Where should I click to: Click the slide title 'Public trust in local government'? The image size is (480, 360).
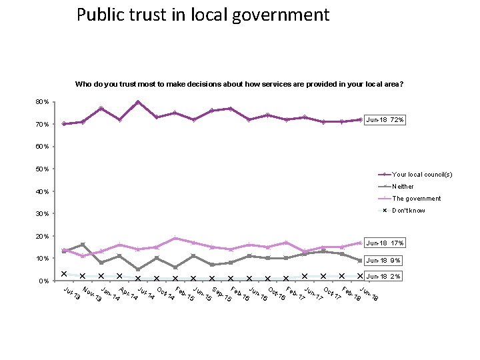[203, 15]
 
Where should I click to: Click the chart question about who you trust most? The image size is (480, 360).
[239, 85]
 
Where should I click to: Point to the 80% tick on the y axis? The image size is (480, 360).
[41, 101]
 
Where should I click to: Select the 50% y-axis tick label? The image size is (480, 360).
[41, 169]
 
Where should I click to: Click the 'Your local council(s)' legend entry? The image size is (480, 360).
[422, 175]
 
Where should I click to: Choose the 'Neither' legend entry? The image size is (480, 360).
[403, 187]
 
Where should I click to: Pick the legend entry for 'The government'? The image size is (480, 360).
[416, 199]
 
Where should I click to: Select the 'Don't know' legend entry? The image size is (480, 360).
[408, 211]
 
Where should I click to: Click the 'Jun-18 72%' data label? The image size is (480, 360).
[385, 120]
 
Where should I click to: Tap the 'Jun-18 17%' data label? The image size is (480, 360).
[385, 243]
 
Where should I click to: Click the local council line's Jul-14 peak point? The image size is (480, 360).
[138, 102]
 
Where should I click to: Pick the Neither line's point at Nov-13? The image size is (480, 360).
[83, 245]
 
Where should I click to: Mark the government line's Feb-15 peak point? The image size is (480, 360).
[175, 238]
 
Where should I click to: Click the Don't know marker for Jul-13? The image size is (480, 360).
[64, 273]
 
